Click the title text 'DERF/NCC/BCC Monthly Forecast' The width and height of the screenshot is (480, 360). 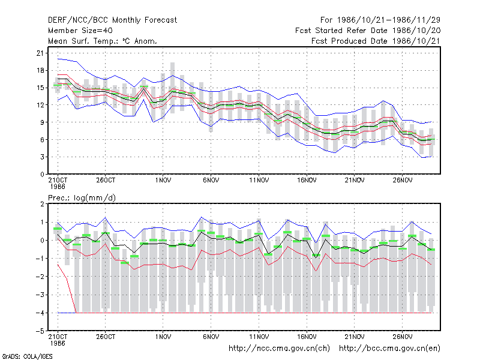coord(112,20)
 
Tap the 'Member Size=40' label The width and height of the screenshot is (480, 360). coord(80,31)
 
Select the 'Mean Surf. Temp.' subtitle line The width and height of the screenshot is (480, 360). coord(103,41)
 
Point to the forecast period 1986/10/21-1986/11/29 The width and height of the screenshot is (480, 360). coord(380,20)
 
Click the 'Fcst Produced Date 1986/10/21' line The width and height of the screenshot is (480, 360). coord(376,41)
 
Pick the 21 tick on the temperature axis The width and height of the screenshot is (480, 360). coord(40,53)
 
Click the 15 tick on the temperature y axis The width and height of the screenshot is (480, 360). coord(40,88)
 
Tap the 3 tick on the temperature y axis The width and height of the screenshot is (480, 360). coord(42,157)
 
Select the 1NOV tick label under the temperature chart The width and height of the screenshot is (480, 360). coord(163,181)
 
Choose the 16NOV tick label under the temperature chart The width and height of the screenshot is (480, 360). coord(307,181)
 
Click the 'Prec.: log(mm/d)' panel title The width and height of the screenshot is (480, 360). coord(82,198)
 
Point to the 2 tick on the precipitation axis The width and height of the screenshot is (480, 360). coord(42,204)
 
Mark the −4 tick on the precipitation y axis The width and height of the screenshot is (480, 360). coord(40,313)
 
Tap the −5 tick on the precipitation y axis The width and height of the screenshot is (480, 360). coord(40,331)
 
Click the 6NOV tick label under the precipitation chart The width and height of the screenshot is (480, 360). coord(211,337)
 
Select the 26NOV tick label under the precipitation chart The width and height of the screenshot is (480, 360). coord(402,337)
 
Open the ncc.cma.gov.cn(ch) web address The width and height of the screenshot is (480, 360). coord(279,349)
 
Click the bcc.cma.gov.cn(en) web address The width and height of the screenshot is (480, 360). coord(389,349)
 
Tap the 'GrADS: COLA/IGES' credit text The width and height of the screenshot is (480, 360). coord(27,356)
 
